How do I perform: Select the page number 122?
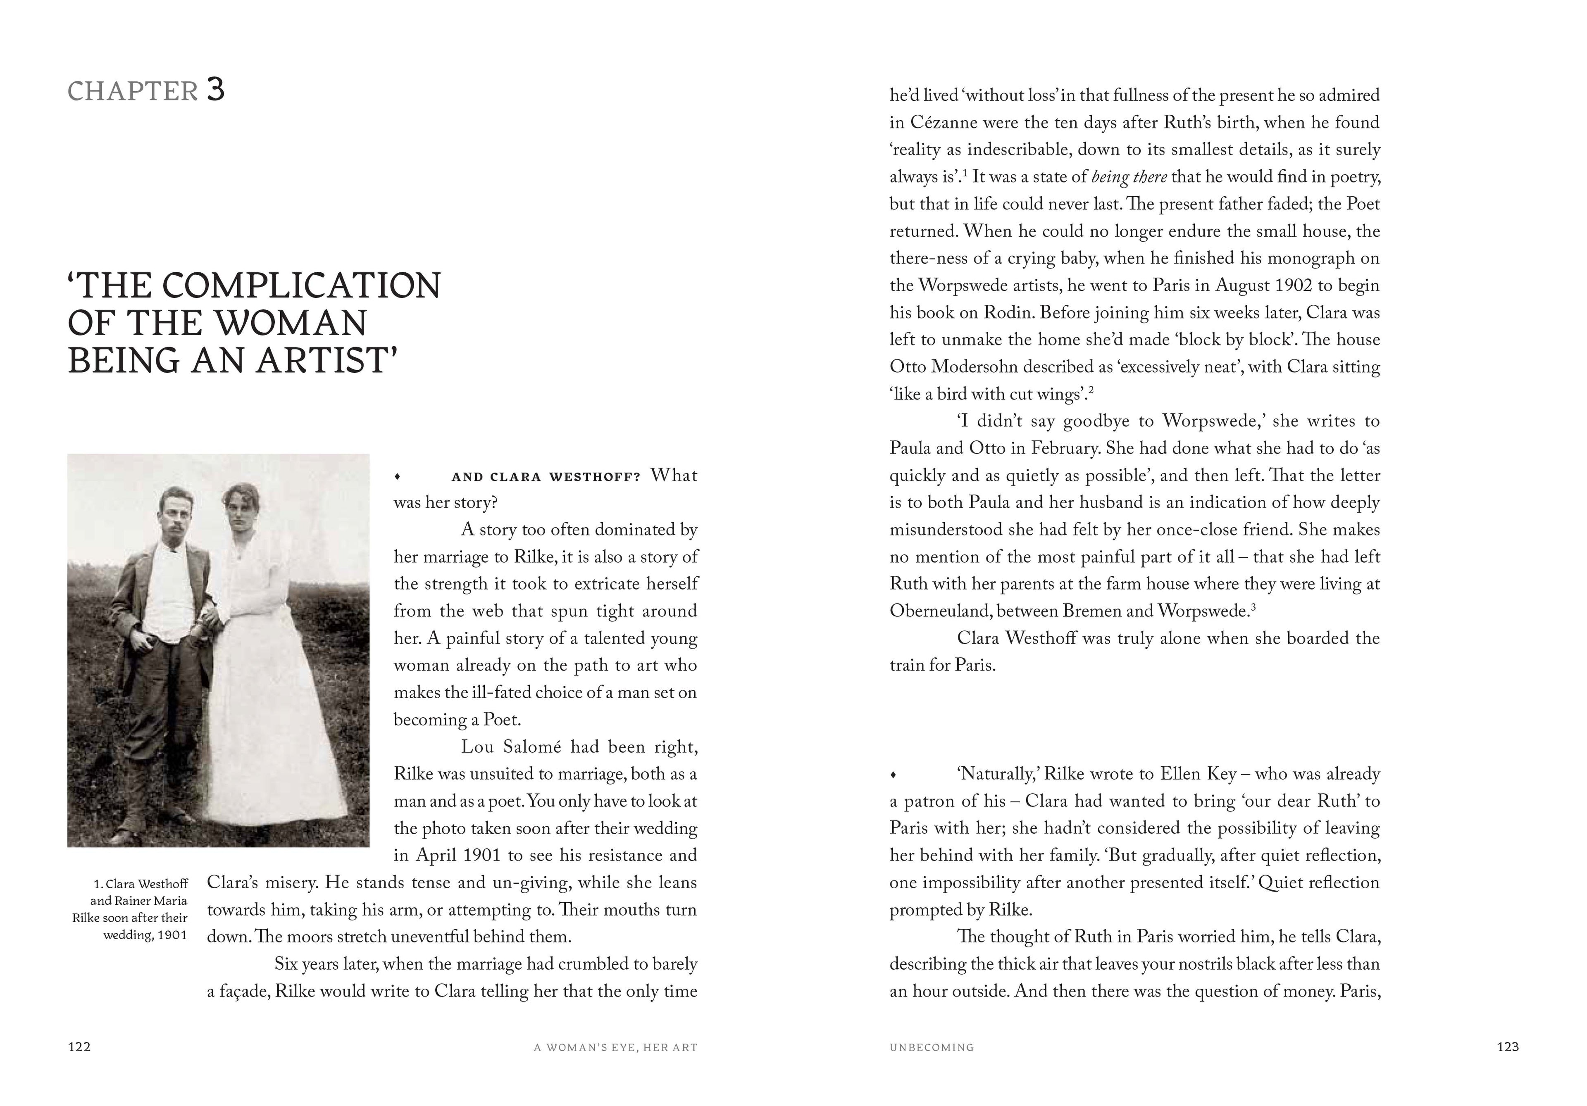(x=79, y=1047)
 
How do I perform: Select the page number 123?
(x=1508, y=1047)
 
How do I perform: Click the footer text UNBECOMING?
(x=931, y=1047)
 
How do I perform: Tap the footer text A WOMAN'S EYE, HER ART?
(x=615, y=1047)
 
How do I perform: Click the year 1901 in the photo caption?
(x=172, y=935)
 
